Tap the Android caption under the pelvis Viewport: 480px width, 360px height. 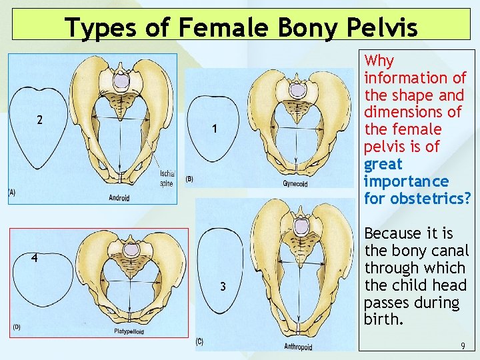coord(119,197)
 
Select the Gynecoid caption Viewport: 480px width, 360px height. coord(295,184)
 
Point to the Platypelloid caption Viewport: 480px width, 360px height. coord(129,331)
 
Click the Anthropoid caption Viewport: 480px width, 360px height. coord(298,347)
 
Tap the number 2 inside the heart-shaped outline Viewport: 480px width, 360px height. coord(40,121)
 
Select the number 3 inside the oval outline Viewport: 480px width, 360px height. coord(224,287)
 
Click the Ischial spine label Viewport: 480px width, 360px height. coord(167,179)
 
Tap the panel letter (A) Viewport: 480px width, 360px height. coord(11,192)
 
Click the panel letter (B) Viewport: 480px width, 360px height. coord(189,179)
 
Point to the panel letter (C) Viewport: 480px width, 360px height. coord(199,341)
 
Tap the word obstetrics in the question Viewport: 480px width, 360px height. coord(426,199)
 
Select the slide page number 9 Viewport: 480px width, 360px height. coord(462,346)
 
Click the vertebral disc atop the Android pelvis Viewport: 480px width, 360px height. coord(121,81)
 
